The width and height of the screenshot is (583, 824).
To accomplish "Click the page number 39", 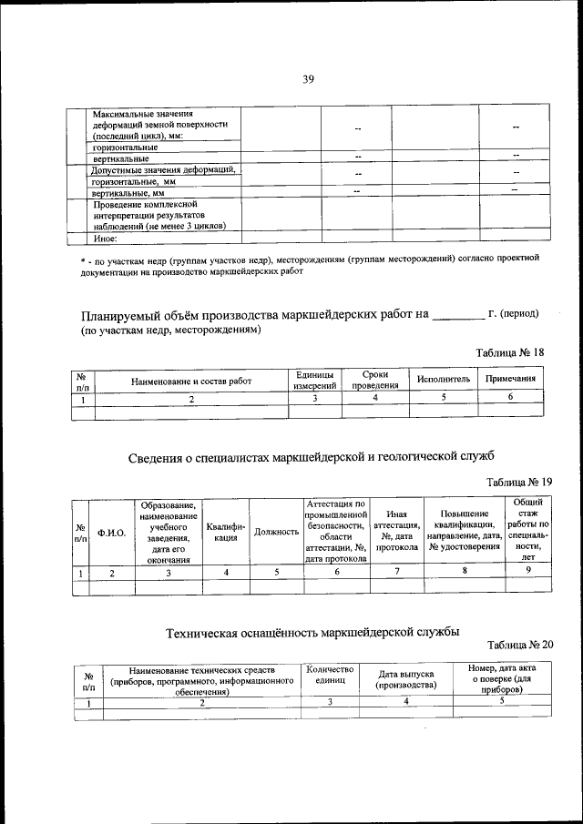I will click(x=308, y=80).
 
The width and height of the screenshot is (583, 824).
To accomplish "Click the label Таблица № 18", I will click(x=510, y=352).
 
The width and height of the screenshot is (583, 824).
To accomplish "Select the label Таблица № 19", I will click(x=519, y=482).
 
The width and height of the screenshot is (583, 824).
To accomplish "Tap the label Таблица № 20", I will click(x=520, y=645).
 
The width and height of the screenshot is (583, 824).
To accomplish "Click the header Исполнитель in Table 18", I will click(x=443, y=380).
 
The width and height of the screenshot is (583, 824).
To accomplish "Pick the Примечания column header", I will click(x=510, y=379).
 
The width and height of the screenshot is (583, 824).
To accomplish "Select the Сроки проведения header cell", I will click(x=375, y=380).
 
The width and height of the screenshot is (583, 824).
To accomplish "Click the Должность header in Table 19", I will click(x=277, y=532).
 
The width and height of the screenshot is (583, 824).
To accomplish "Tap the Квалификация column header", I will click(x=225, y=532).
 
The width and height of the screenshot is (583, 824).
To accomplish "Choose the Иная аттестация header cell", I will click(x=396, y=532).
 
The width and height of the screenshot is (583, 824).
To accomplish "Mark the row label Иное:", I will click(x=107, y=239).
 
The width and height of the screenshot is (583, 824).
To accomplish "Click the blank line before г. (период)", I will click(x=457, y=317).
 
